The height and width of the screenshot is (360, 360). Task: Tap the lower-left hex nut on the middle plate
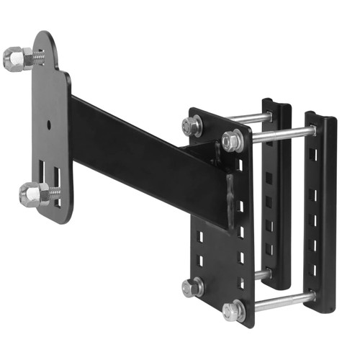193,288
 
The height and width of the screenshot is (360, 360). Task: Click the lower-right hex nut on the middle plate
233,311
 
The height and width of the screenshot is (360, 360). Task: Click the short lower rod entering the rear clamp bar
264,274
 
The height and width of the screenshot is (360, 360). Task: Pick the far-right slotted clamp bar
321,216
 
